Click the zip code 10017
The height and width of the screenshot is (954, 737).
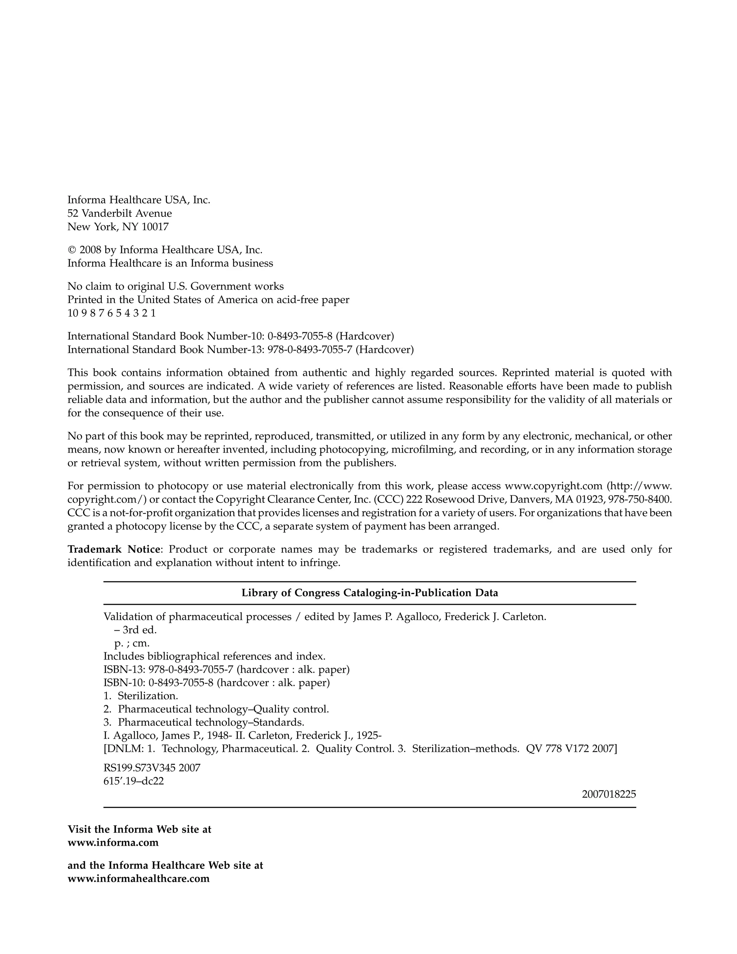[155, 227]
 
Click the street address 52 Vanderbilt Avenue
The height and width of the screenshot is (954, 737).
[119, 213]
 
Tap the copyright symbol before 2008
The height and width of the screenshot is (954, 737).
[72, 250]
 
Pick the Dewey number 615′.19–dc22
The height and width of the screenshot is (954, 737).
[134, 781]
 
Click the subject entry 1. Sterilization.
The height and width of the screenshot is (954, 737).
[141, 696]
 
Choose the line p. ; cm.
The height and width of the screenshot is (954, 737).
[132, 643]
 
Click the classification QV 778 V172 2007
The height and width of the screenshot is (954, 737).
[571, 749]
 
